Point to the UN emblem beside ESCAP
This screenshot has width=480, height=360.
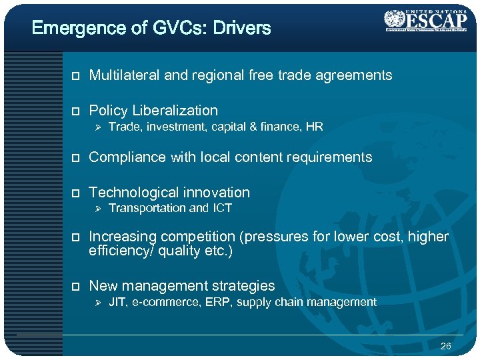coord(394,18)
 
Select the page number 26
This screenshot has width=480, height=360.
coord(446,347)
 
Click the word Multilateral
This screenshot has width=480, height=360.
coord(124,75)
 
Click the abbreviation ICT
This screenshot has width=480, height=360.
coord(221,208)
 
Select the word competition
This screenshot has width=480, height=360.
coord(195,237)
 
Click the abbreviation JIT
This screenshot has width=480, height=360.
coord(117,302)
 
